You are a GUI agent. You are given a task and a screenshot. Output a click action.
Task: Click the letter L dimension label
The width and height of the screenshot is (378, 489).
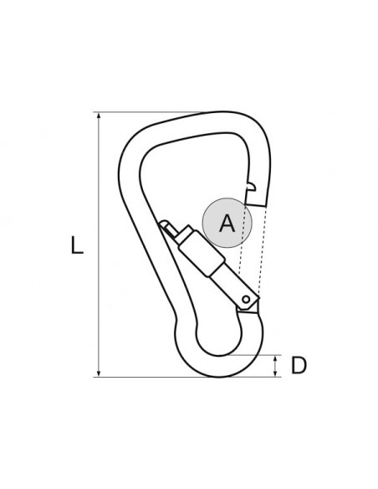(x=78, y=245)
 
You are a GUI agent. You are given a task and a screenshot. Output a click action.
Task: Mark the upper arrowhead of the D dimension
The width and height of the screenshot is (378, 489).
(x=277, y=358)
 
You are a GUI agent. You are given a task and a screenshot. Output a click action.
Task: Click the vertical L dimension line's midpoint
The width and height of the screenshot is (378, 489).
(x=100, y=244)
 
